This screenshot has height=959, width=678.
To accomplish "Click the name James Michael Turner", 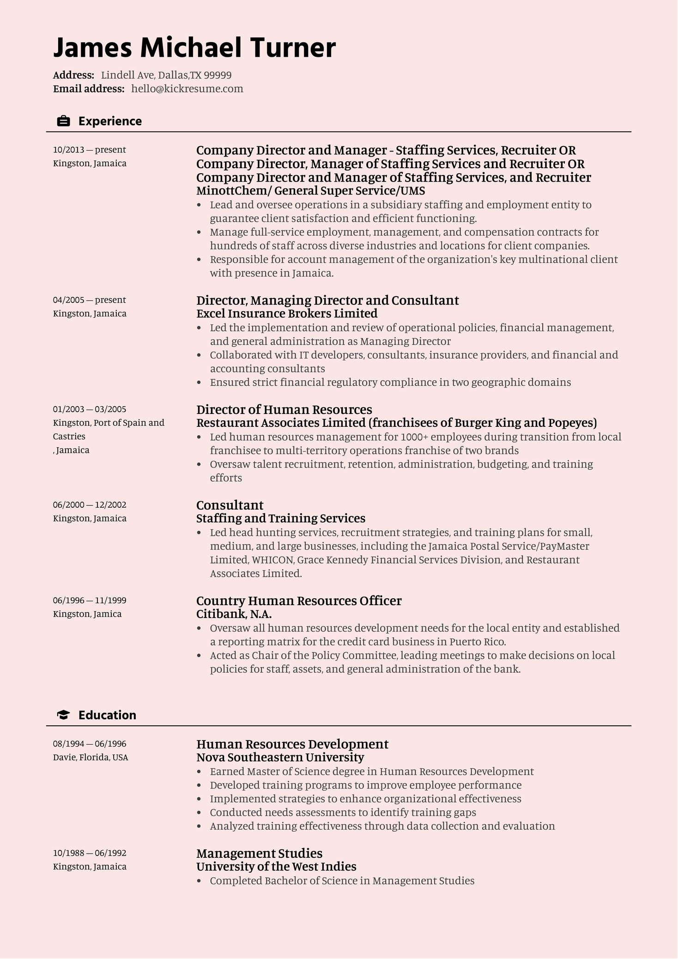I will coord(194,48).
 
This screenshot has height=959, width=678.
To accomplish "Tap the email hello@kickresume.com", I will coord(187,89).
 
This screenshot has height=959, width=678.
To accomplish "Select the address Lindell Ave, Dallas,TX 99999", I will coord(166,75).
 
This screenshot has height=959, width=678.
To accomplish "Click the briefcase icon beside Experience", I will coord(63,121).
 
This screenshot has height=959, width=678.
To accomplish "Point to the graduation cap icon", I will coord(63,715).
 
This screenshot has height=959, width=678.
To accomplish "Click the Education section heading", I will coord(107,715).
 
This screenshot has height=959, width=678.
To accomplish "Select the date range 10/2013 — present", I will coord(90,150).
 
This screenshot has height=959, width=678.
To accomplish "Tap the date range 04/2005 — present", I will coord(90,300).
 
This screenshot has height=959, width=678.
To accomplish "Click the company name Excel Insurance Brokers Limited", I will coord(287,314).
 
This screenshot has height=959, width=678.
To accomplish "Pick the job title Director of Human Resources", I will coord(284,410).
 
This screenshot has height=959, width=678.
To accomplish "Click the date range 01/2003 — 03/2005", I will coord(90,409).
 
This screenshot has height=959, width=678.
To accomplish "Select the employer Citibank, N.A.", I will coord(234,614).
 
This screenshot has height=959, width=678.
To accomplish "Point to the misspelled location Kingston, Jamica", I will coord(87,614).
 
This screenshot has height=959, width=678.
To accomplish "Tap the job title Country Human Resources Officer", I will coord(299,601).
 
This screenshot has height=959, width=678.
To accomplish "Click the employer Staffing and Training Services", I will coord(281,518).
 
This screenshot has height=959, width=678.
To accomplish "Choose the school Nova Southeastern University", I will coord(280,757).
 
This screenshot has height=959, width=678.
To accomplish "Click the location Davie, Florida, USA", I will coord(91,758).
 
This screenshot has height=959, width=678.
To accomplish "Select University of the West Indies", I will coord(276,867).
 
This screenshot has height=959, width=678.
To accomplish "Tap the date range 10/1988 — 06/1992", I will coord(90,853).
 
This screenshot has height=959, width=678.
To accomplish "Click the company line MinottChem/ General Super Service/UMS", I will coord(310,191).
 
